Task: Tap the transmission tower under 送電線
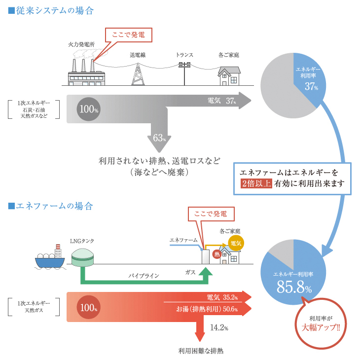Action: [x=138, y=74]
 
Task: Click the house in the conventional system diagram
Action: [x=229, y=76]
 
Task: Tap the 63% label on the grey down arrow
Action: [x=159, y=138]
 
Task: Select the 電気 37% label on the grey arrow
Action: [x=221, y=101]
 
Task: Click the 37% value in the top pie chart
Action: [x=311, y=87]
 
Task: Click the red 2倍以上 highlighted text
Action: [x=256, y=184]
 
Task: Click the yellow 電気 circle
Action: [x=236, y=243]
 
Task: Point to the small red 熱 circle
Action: [x=216, y=254]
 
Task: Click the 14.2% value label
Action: [x=219, y=327]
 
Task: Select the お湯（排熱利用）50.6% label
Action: [x=207, y=309]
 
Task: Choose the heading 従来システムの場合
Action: [x=51, y=10]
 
